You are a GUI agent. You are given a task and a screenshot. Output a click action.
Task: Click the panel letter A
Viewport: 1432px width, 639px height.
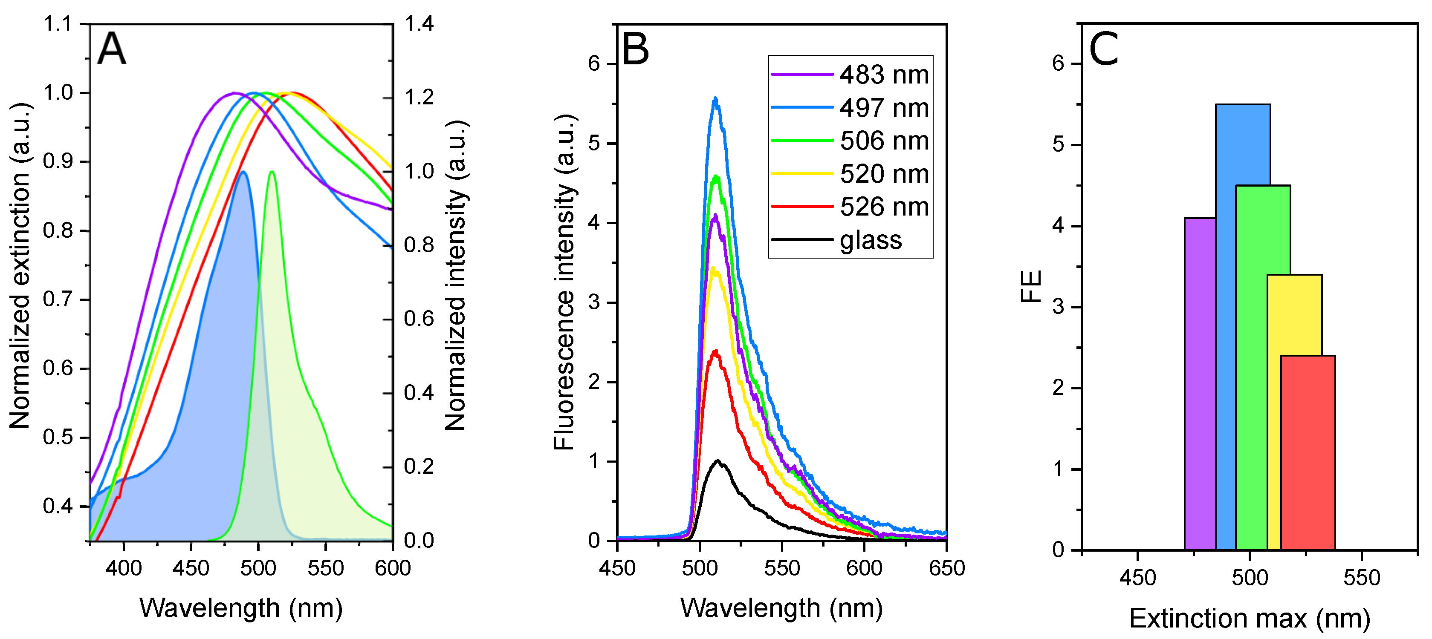111,49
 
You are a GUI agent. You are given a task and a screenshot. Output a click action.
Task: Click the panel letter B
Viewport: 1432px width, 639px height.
635,49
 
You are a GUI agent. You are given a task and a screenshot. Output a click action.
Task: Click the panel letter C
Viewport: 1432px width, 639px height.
1103,49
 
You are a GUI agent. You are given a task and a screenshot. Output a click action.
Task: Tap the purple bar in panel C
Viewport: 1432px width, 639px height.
1200,383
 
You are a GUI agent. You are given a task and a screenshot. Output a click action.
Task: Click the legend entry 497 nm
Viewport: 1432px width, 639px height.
884,108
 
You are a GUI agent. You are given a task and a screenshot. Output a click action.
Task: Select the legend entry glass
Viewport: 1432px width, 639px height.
871,240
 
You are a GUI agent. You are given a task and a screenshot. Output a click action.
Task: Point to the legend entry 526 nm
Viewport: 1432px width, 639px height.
884,207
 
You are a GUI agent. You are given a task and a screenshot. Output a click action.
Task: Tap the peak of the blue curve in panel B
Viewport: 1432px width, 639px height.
715,99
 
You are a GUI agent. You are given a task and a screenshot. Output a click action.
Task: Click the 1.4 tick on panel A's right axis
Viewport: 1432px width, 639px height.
419,24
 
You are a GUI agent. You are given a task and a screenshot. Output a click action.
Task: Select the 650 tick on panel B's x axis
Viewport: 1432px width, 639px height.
946,568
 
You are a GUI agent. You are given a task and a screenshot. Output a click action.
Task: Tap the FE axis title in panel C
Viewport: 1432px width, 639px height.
1031,286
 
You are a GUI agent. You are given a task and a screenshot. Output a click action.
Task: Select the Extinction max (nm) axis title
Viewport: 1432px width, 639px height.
1249,619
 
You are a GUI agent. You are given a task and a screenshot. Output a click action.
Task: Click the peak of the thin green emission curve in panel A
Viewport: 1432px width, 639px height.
272,172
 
